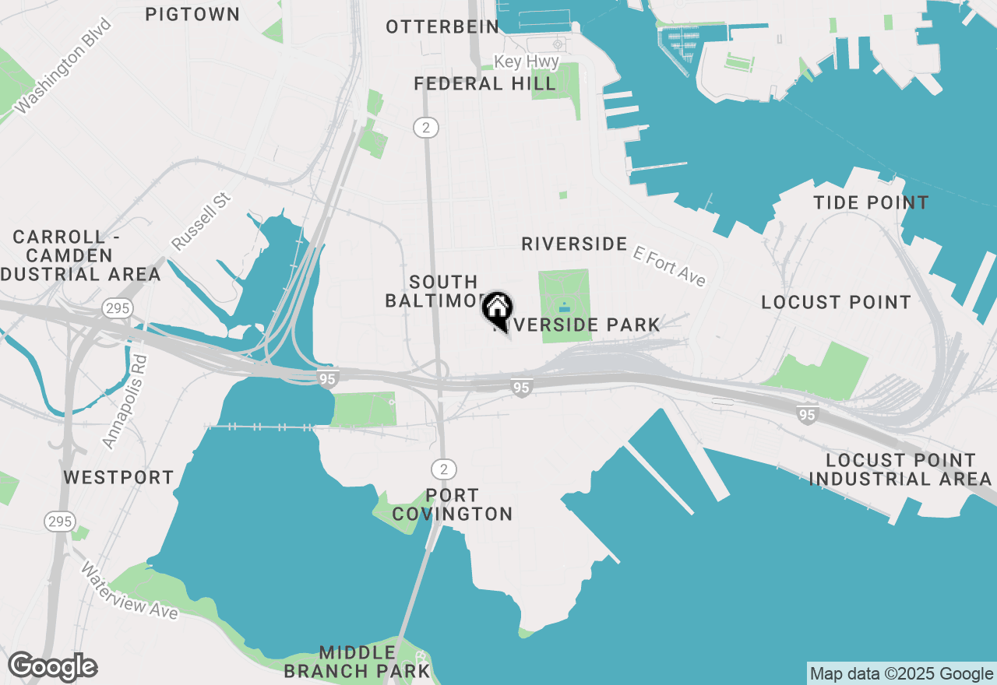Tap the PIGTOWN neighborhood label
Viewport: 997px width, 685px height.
point(192,14)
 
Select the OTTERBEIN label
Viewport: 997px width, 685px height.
point(442,27)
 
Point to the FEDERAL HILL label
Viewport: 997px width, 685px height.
point(484,83)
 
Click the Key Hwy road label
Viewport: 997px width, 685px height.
point(527,61)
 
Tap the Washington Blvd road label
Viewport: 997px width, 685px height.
point(63,66)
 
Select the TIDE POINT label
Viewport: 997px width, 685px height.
point(871,203)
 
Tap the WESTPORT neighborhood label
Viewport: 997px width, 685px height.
point(118,477)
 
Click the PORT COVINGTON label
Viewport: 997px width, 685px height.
point(453,504)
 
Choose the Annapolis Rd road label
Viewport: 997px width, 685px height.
point(124,402)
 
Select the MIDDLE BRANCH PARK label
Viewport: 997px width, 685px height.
point(357,661)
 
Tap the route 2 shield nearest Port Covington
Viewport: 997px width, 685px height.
point(444,469)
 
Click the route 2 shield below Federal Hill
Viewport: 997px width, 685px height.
point(425,128)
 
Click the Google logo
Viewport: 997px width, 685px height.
point(52,667)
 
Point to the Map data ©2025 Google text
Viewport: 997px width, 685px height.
point(902,674)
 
